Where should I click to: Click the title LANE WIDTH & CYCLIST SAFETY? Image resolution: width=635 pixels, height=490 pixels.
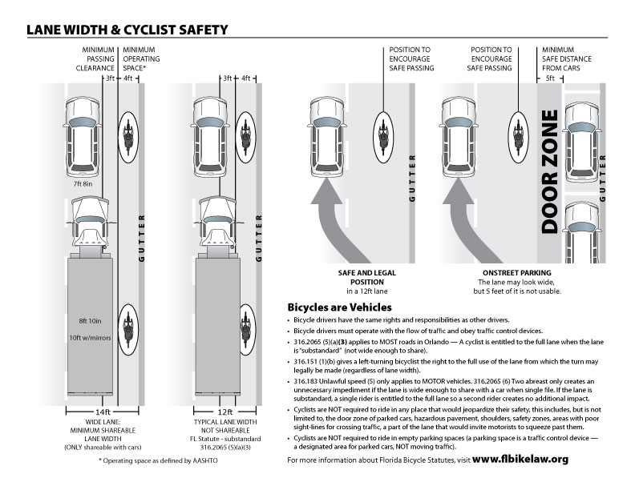pyautogui.click(x=127, y=30)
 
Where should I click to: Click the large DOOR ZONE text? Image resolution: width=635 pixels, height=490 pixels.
pyautogui.click(x=549, y=172)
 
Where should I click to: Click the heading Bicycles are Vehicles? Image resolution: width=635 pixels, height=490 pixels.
pyautogui.click(x=339, y=307)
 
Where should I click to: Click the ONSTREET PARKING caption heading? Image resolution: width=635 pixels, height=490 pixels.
pyautogui.click(x=500, y=273)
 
